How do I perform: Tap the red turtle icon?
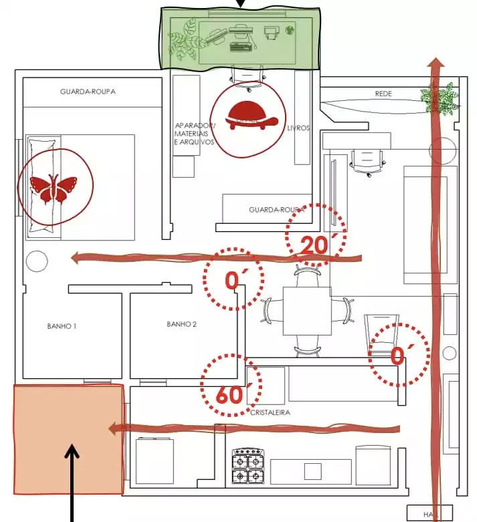point(252,116)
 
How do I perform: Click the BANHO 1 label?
point(62,326)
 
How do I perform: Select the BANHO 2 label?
point(181,324)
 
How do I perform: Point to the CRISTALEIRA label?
point(270,412)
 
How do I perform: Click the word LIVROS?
point(298,128)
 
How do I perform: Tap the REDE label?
point(383,94)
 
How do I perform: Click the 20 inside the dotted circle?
point(313,246)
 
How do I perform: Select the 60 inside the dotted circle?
point(229,395)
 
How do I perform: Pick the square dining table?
point(307,311)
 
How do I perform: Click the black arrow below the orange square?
point(72,481)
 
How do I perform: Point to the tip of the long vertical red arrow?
point(436,62)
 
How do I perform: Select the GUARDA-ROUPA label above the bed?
point(88,92)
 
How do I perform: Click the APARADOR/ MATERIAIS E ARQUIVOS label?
point(194,133)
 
